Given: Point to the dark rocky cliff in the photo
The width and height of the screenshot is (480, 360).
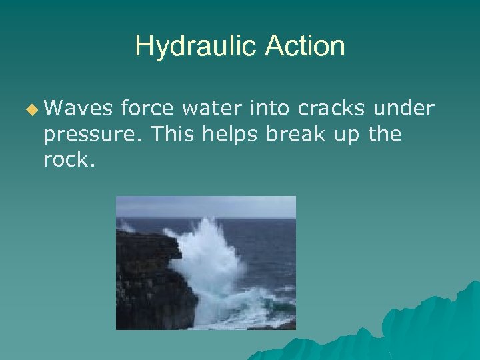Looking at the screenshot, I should [x=147, y=287].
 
